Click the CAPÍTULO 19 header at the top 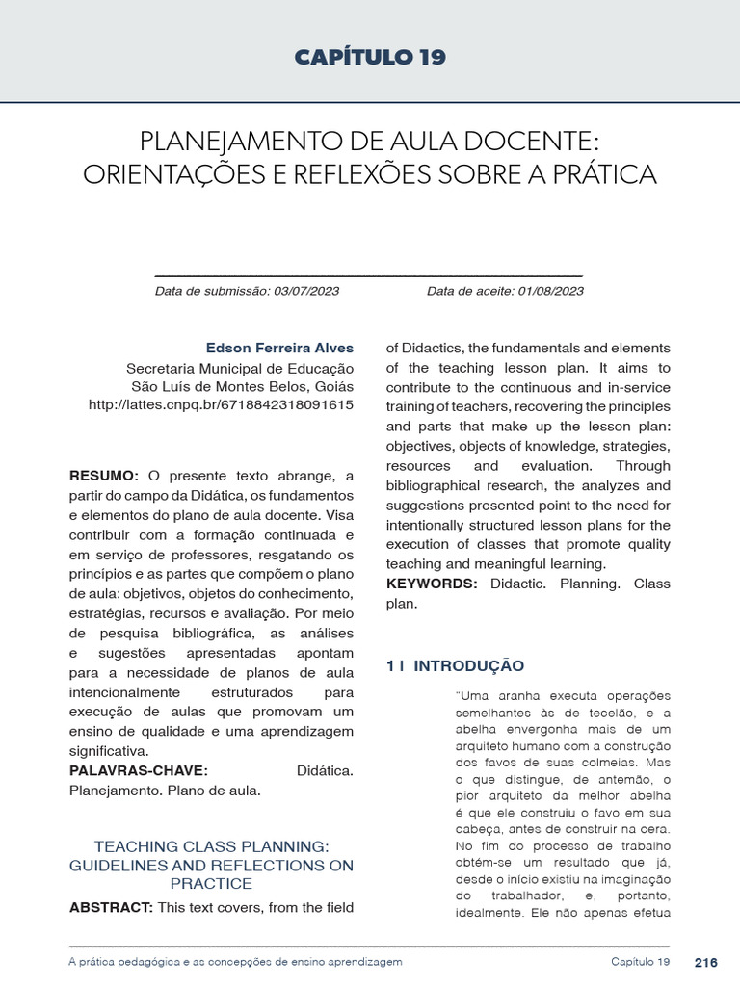click(370, 58)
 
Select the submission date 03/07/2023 click(306, 291)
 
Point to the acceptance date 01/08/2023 click(550, 291)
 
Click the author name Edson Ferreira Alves click(279, 348)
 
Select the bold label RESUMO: click(104, 476)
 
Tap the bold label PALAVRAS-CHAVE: click(139, 770)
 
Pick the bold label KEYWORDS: click(432, 584)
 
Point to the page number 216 click(705, 962)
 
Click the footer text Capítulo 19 click(640, 962)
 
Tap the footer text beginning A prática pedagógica click(236, 962)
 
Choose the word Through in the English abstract click(643, 466)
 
